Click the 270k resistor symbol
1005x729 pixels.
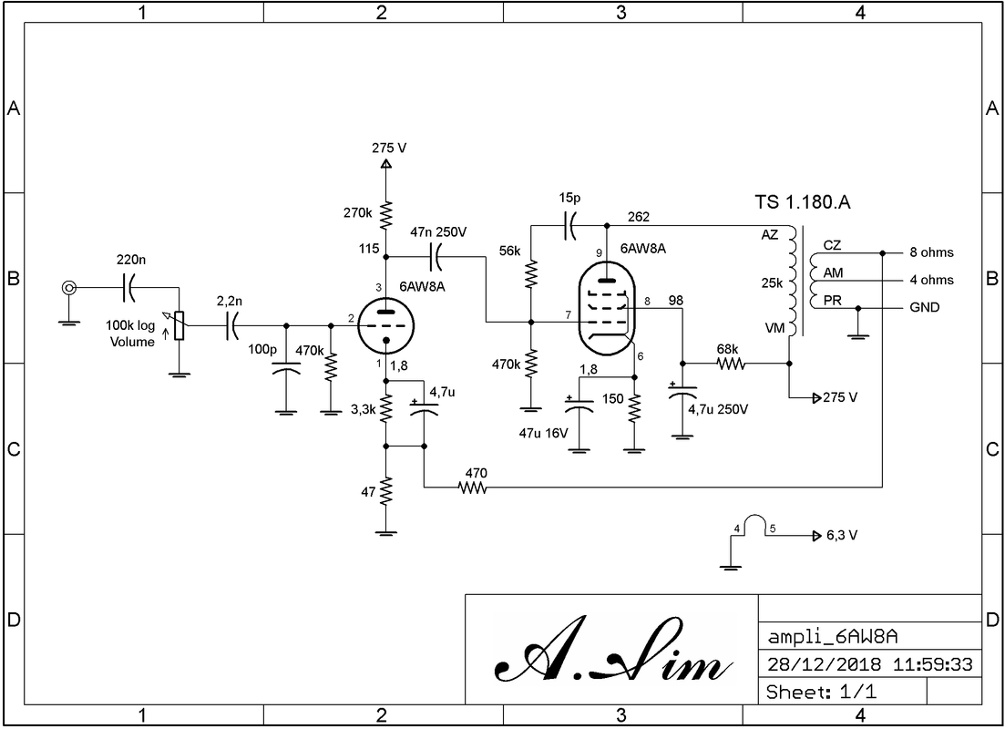(385, 216)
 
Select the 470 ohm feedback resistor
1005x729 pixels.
(474, 489)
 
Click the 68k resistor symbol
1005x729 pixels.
(731, 364)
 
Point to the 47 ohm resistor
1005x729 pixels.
(385, 492)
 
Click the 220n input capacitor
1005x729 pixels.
(128, 289)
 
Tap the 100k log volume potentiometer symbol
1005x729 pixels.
(179, 325)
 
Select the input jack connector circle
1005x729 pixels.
(68, 289)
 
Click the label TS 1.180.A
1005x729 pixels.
(802, 202)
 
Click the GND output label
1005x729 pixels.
(924, 308)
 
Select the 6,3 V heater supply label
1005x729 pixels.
(842, 536)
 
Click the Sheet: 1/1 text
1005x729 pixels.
(821, 692)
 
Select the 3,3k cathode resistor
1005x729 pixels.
(385, 408)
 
